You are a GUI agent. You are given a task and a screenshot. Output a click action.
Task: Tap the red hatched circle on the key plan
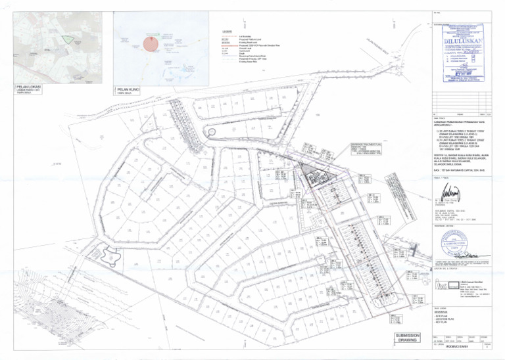(x=150, y=44)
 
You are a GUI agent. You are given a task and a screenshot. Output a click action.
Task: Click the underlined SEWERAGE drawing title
(x=442, y=314)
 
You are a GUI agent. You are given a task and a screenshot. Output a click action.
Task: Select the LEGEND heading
(x=228, y=32)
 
